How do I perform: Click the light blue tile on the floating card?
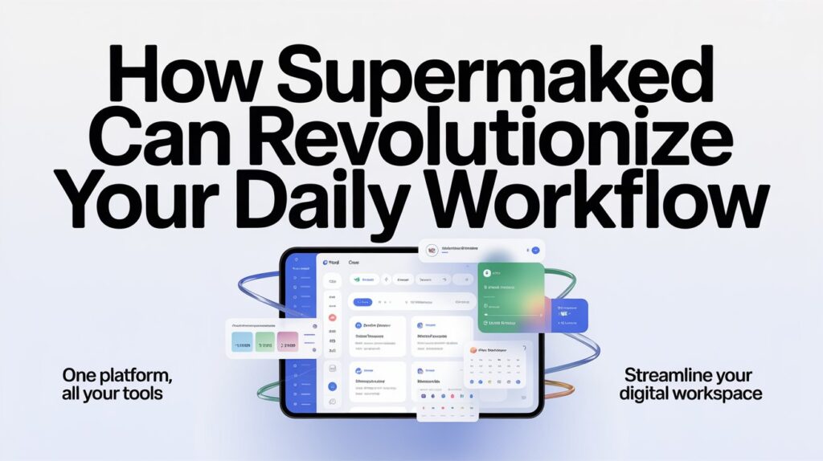[x=244, y=343]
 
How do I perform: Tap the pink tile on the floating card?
[x=287, y=343]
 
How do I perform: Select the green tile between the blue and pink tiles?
[x=265, y=343]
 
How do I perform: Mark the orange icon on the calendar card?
[x=473, y=350]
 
